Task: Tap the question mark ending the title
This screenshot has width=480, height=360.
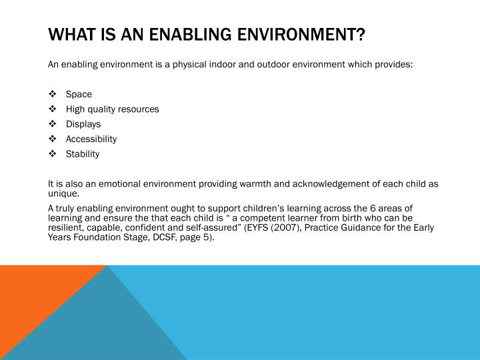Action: pyautogui.click(x=361, y=34)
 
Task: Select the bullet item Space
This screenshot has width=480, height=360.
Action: pyautogui.click(x=79, y=94)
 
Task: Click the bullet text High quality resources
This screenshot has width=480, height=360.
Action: pyautogui.click(x=113, y=109)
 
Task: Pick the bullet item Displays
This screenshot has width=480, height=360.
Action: pyautogui.click(x=83, y=124)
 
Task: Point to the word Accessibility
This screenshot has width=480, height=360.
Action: pyautogui.click(x=91, y=139)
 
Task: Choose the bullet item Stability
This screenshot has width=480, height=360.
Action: pyautogui.click(x=83, y=154)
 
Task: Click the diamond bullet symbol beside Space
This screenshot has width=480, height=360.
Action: pyautogui.click(x=53, y=94)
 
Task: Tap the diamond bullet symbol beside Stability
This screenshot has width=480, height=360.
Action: pyautogui.click(x=53, y=153)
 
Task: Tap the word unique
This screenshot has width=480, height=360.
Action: pyautogui.click(x=64, y=193)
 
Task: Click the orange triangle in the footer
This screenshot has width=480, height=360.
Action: pyautogui.click(x=37, y=300)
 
